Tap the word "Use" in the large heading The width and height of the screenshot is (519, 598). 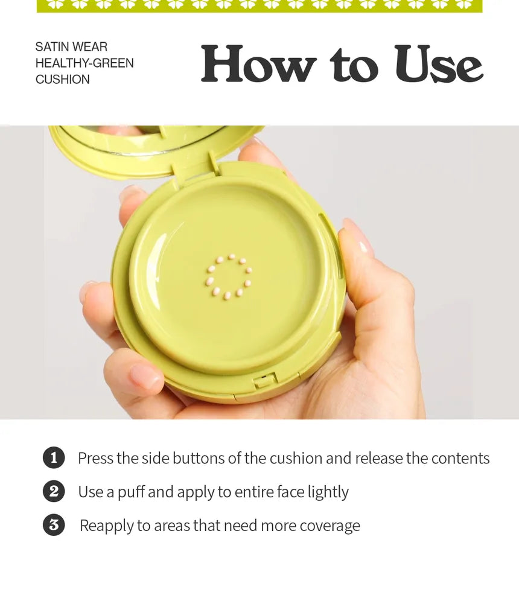pos(439,64)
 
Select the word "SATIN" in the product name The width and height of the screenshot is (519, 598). pos(51,47)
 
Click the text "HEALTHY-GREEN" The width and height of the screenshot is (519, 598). pos(84,63)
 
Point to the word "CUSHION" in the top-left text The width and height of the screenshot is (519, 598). pos(63,79)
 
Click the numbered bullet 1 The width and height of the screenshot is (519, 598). pos(54,457)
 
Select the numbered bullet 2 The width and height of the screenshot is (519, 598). pos(54,491)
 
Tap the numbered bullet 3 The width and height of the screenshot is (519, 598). pos(54,525)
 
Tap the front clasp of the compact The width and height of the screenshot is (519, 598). pos(266,380)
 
